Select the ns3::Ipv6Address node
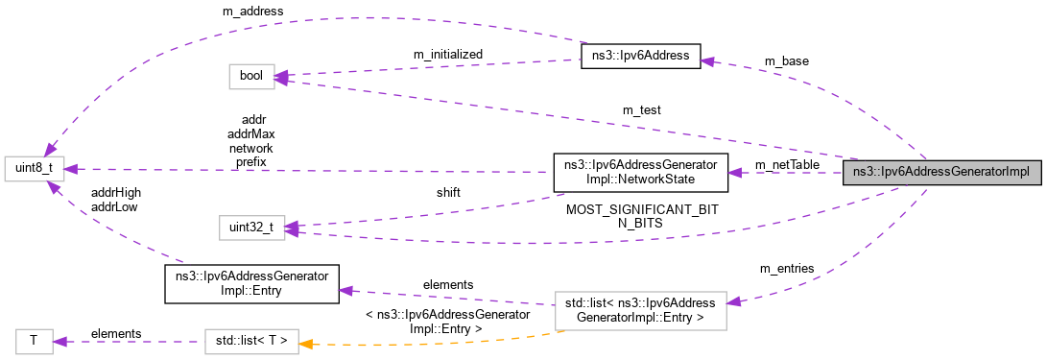[x=641, y=56]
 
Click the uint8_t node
[x=34, y=168]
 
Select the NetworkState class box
[x=640, y=172]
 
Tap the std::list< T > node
[x=251, y=341]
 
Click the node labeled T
[x=34, y=341]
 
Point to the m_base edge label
[x=786, y=60]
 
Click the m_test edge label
[x=641, y=110]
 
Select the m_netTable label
[x=787, y=165]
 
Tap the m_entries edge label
[x=786, y=267]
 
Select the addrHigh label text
[x=116, y=193]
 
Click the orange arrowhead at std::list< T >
[x=307, y=341]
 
